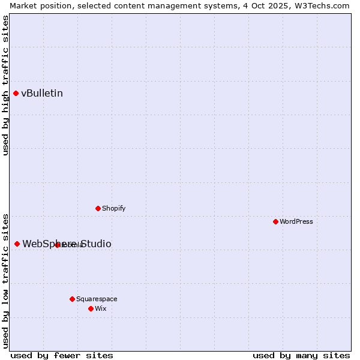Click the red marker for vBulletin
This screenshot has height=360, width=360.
pyautogui.click(x=16, y=93)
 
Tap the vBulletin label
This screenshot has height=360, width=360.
pyautogui.click(x=42, y=94)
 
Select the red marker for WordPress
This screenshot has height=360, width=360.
pyautogui.click(x=275, y=221)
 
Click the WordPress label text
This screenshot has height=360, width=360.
pyautogui.click(x=296, y=221)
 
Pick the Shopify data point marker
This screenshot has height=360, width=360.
pyautogui.click(x=98, y=208)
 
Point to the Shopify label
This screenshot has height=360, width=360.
pyautogui.click(x=114, y=208)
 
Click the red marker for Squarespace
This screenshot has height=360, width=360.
pyautogui.click(x=72, y=299)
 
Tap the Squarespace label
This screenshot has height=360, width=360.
pyautogui.click(x=97, y=299)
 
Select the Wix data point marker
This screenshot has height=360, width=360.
pyautogui.click(x=91, y=308)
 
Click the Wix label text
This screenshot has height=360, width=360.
pyautogui.click(x=101, y=308)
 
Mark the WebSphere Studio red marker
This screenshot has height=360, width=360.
pyautogui.click(x=17, y=244)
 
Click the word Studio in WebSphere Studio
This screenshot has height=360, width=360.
pyautogui.click(x=96, y=244)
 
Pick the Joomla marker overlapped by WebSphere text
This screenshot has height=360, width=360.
pyautogui.click(x=57, y=245)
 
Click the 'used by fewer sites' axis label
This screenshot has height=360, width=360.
pyautogui.click(x=62, y=355)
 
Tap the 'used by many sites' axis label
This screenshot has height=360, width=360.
pyautogui.click(x=301, y=355)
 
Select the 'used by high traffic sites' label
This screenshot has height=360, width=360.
pyautogui.click(x=5, y=85)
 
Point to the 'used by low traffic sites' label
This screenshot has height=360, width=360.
pyautogui.click(x=5, y=280)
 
